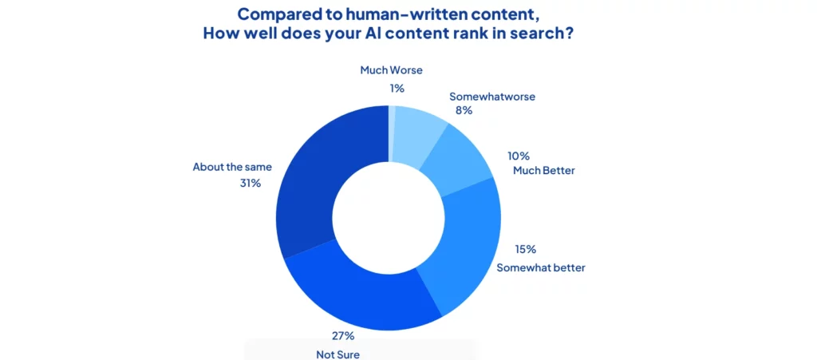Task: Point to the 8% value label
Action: pyautogui.click(x=463, y=110)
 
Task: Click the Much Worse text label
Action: pyautogui.click(x=391, y=70)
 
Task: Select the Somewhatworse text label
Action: pyautogui.click(x=491, y=97)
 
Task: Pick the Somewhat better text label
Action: pyautogui.click(x=541, y=267)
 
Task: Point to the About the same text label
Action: pyautogui.click(x=232, y=167)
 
